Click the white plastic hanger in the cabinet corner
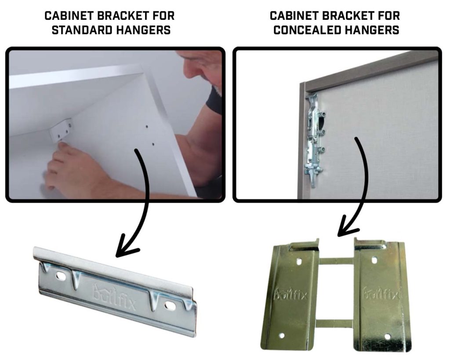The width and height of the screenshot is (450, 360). click(61, 130)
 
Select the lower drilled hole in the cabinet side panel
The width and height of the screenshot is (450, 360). click(153, 143)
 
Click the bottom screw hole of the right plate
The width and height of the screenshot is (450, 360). click(387, 336)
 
